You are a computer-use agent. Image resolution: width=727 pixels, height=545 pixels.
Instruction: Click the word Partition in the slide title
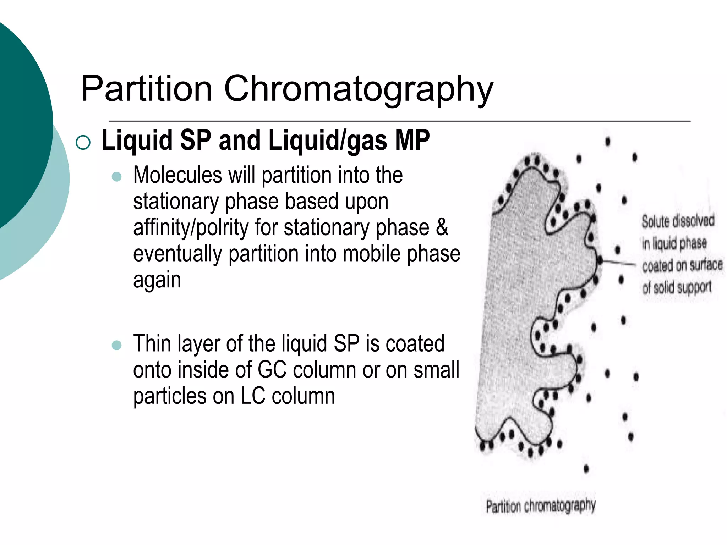coord(146,89)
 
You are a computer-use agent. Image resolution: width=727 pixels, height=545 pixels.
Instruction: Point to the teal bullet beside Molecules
coord(116,176)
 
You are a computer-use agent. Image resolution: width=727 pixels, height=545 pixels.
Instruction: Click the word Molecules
coord(177,175)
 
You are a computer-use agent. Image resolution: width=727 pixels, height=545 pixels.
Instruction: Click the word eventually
coord(177,254)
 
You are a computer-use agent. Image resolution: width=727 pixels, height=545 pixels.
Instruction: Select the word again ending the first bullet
coord(157,281)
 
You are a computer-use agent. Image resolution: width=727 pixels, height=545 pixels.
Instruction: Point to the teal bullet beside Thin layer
coord(116,345)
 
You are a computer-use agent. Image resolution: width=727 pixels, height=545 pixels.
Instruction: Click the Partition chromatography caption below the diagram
coord(541,506)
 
